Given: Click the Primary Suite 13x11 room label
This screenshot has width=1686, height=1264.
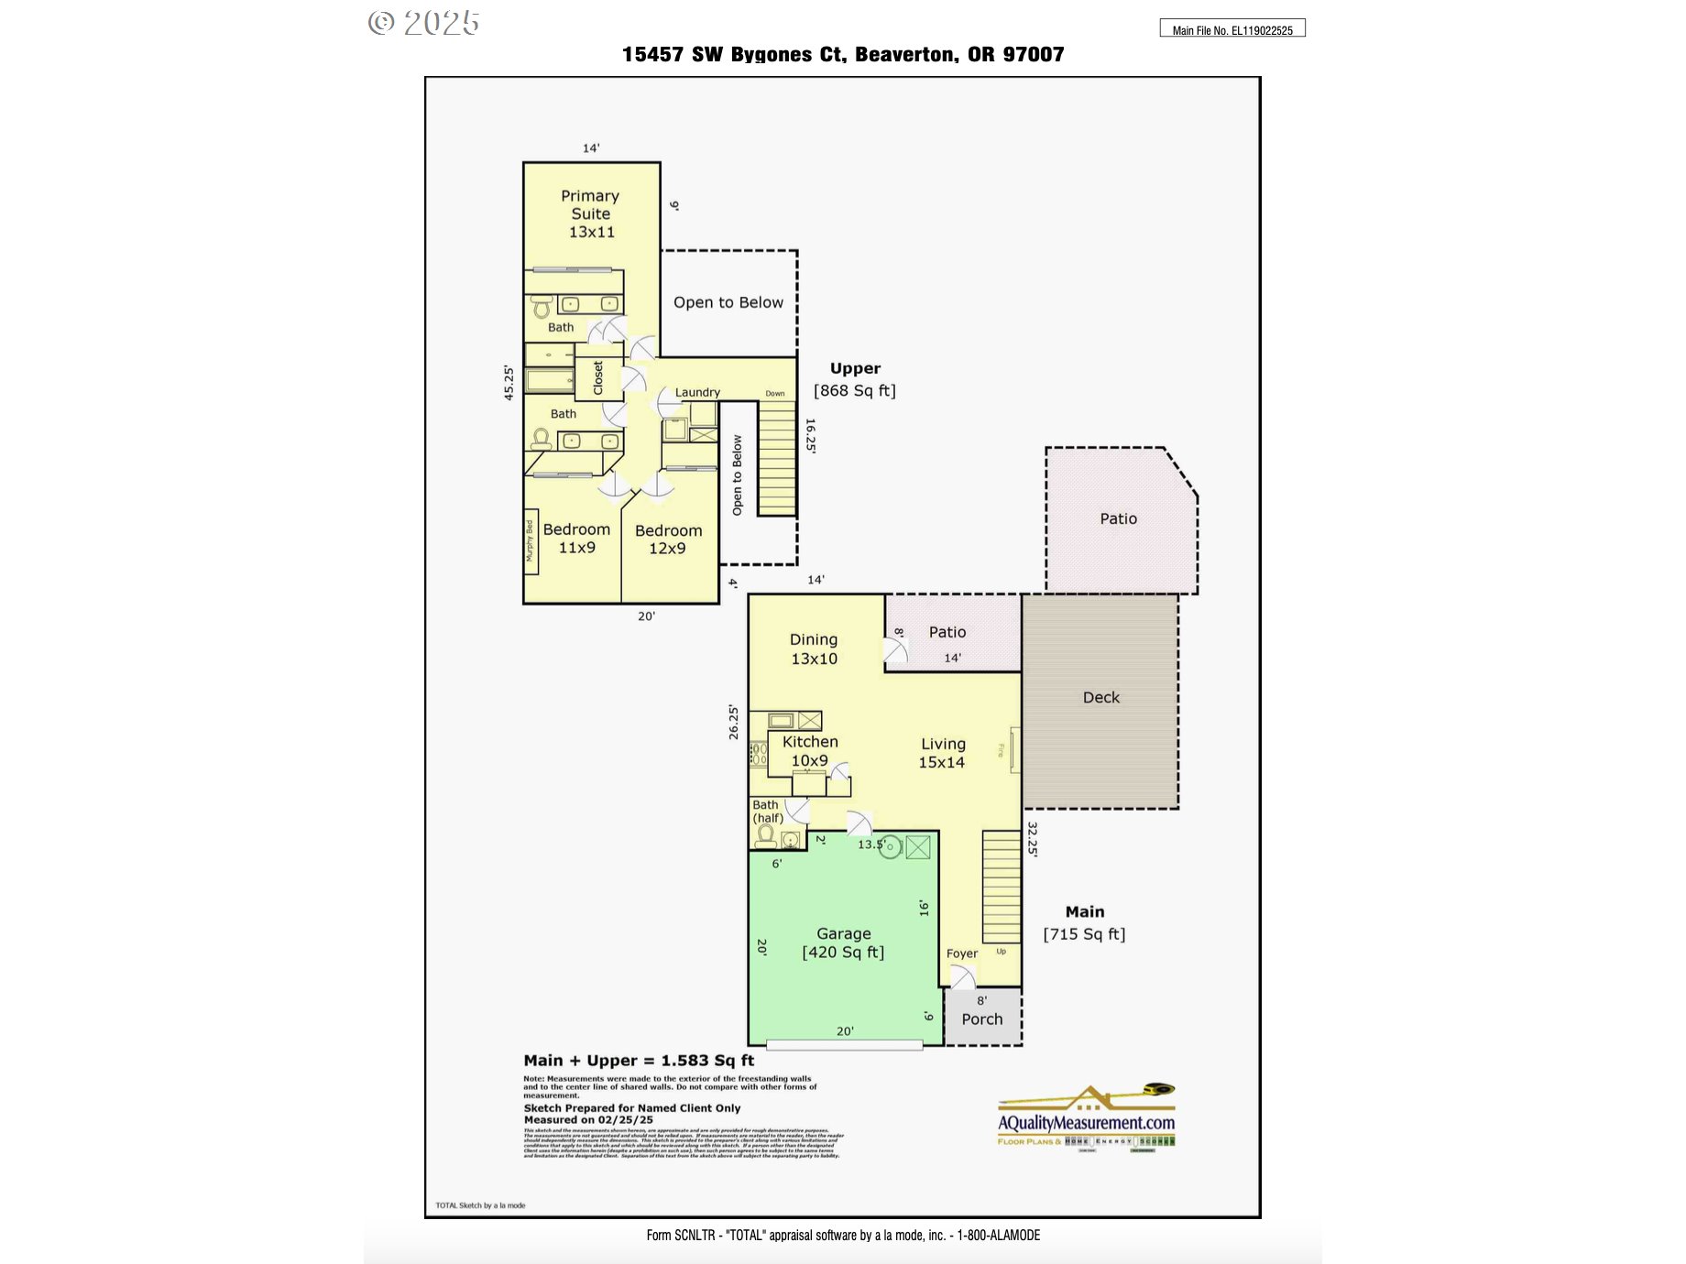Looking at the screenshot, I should pos(591,213).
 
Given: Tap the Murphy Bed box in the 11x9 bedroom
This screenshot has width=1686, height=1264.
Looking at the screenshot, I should pos(531,541).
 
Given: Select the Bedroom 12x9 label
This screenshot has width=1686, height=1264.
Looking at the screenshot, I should pos(668,539).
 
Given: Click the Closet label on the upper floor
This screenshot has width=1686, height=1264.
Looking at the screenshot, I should pos(598,377).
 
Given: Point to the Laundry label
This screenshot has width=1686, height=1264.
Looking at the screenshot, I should pos(697,392).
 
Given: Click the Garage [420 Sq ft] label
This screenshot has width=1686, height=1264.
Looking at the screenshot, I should pos(843,943).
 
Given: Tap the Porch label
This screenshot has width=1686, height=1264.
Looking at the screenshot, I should pos(981,1019).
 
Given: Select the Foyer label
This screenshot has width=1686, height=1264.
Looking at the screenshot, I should pos(961,953).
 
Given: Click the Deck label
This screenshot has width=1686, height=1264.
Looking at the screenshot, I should pos(1100,697).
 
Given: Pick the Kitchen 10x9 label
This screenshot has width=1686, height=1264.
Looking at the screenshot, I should pos(810,750).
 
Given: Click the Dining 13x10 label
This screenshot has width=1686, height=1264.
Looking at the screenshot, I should pos(814,648).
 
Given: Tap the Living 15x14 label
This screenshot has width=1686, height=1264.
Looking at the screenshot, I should pos(942,752).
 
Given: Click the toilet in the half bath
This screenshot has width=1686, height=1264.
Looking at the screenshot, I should pos(765,836).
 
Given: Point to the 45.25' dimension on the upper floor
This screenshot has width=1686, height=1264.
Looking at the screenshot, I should pos(509,382).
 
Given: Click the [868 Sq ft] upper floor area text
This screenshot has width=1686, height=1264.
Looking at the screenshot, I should pos(855,390).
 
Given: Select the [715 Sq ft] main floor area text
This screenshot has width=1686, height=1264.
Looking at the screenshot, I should pos(1084,933).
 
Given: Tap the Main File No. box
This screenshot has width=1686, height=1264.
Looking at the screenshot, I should pos(1232,29).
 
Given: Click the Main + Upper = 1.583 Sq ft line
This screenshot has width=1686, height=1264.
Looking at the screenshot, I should pos(639,1060).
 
